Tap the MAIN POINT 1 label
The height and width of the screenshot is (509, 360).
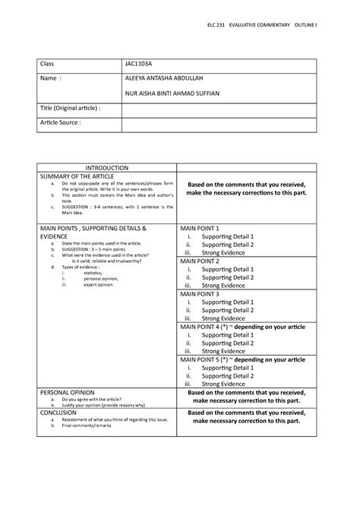coord(199,228)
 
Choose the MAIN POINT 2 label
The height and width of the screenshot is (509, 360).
coord(199,261)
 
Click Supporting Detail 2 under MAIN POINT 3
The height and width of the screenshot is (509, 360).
coord(228,310)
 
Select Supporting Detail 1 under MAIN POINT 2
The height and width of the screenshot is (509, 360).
coord(228,269)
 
